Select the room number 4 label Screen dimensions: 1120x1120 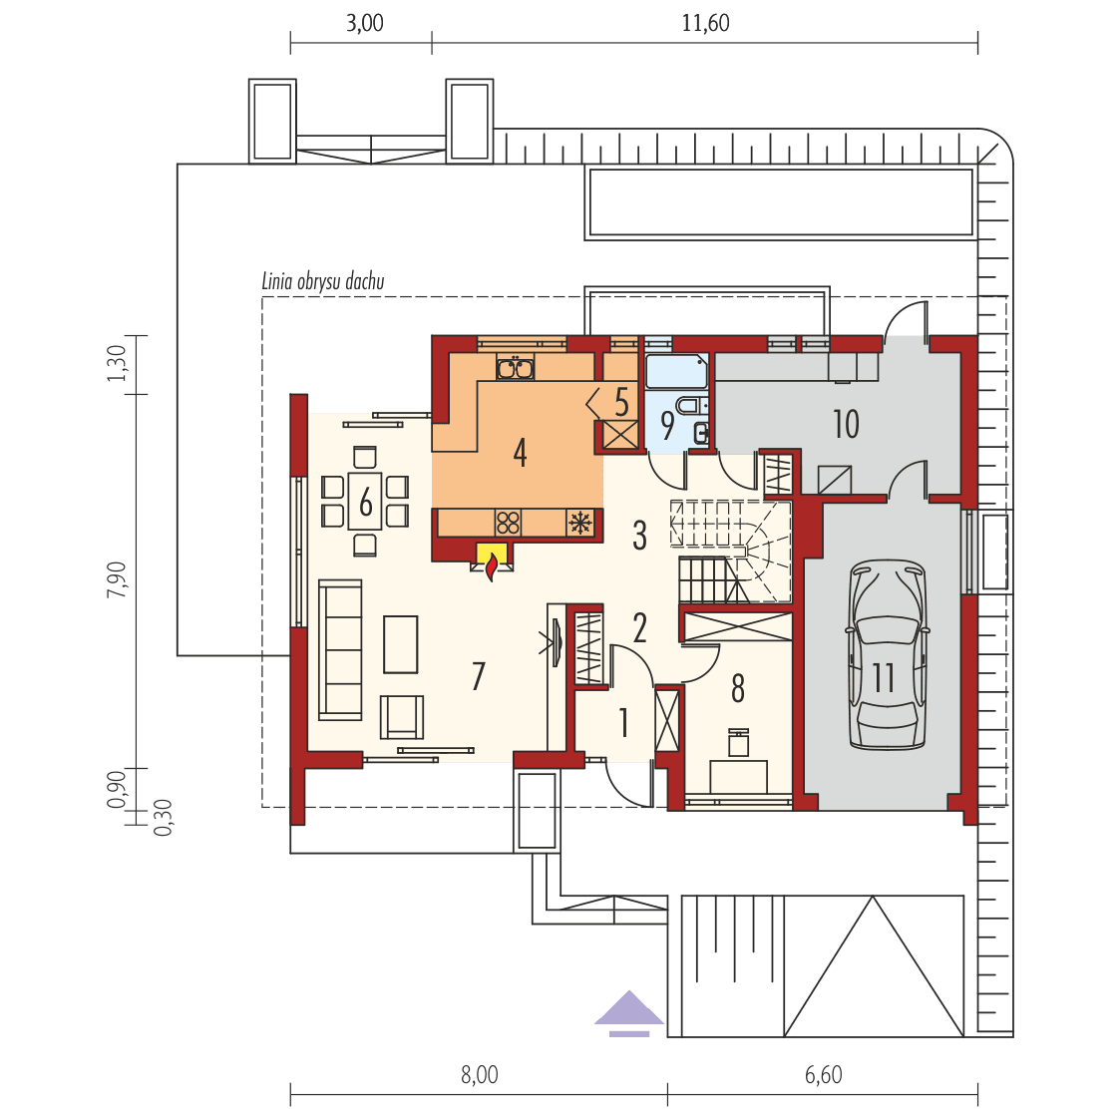click(520, 453)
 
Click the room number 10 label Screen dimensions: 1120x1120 click(846, 424)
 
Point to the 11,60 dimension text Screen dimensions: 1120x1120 click(705, 22)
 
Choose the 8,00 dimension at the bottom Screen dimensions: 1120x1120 click(479, 1074)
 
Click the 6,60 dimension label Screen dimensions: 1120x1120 click(823, 1074)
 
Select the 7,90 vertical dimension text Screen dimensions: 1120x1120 click(119, 579)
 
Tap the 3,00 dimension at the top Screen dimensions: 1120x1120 click(364, 22)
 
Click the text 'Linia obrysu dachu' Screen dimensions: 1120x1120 click(323, 282)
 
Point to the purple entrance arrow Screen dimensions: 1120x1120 click(629, 1009)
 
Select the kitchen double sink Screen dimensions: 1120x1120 click(515, 368)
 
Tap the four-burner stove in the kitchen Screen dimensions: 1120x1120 click(509, 523)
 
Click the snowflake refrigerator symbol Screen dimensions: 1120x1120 click(580, 523)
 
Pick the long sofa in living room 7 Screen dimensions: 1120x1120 click(340, 649)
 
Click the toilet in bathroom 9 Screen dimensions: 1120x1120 click(688, 406)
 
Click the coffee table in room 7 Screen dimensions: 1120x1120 click(401, 644)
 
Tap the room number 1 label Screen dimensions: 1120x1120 click(624, 722)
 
